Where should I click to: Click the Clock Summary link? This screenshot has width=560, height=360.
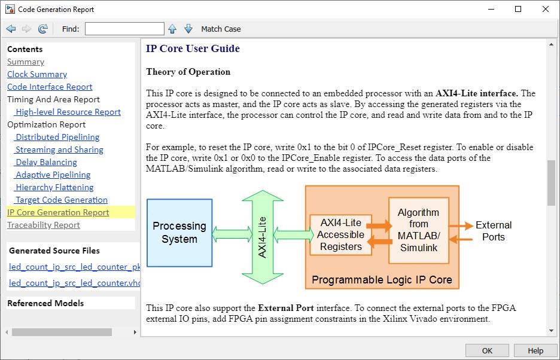(x=37, y=74)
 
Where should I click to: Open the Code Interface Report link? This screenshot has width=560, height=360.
(x=50, y=87)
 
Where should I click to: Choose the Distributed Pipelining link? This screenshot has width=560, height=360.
(x=57, y=137)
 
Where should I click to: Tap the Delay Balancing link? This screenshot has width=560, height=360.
(x=46, y=162)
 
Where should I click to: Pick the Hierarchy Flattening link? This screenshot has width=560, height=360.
(x=54, y=187)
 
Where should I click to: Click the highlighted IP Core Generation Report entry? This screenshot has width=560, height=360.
(x=58, y=212)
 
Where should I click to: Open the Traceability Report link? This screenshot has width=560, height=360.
(x=44, y=225)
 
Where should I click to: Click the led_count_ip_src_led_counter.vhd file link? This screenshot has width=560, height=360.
(x=74, y=283)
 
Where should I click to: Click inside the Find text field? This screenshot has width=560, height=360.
(x=124, y=29)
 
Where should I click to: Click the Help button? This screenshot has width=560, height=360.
(x=535, y=350)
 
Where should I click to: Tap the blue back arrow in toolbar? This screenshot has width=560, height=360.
(x=11, y=29)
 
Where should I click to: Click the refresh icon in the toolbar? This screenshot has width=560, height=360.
(x=43, y=29)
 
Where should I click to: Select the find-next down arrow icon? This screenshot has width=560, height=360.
(x=188, y=29)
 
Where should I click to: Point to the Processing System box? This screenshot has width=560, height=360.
(x=179, y=233)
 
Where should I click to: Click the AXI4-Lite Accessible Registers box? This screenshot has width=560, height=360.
(x=340, y=234)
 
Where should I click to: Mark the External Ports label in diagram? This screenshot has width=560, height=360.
(x=494, y=231)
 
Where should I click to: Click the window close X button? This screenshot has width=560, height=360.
(x=546, y=10)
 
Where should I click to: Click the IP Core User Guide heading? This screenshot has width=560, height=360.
(x=193, y=48)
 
